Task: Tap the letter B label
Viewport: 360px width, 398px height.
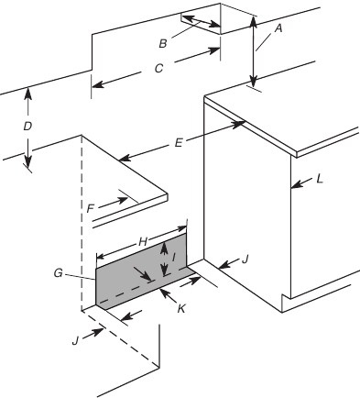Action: pyautogui.click(x=162, y=41)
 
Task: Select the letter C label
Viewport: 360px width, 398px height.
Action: pyautogui.click(x=158, y=67)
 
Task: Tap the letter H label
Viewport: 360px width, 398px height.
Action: pyautogui.click(x=143, y=239)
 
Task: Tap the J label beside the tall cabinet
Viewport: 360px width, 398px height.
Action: pyautogui.click(x=245, y=260)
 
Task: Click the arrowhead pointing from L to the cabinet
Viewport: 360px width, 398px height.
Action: pyautogui.click(x=293, y=187)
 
